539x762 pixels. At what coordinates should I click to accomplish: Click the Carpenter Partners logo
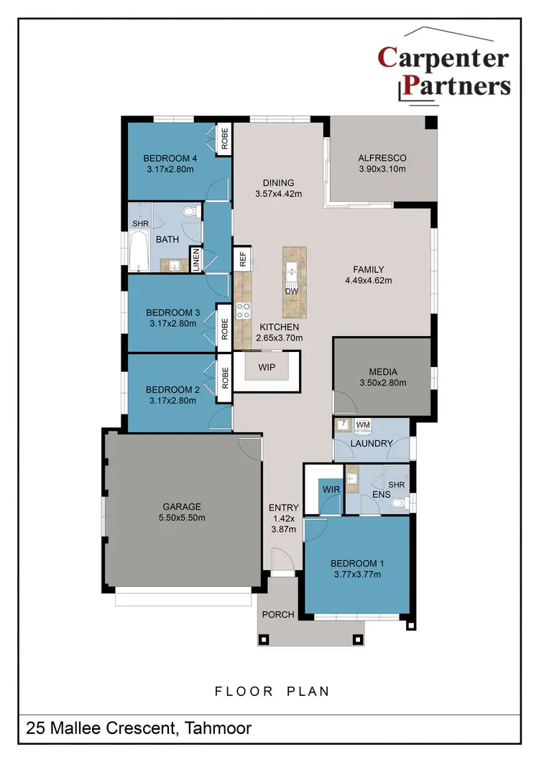pyautogui.click(x=443, y=71)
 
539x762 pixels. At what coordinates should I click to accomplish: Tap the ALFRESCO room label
pyautogui.click(x=382, y=158)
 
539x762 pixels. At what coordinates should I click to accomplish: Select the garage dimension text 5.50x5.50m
pyautogui.click(x=182, y=517)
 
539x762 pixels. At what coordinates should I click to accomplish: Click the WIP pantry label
pyautogui.click(x=267, y=366)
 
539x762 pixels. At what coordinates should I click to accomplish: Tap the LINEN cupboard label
pyautogui.click(x=194, y=259)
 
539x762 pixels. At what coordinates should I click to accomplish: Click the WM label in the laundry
pyautogui.click(x=363, y=425)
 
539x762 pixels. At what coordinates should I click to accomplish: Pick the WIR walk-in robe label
pyautogui.click(x=331, y=490)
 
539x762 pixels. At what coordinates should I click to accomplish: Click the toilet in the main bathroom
pyautogui.click(x=190, y=212)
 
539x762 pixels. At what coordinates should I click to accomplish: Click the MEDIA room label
pyautogui.click(x=383, y=372)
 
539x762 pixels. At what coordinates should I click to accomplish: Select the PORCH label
pyautogui.click(x=278, y=614)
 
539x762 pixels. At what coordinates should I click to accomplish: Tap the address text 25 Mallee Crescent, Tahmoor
pyautogui.click(x=139, y=729)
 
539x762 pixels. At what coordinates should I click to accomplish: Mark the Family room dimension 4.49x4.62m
pyautogui.click(x=368, y=281)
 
